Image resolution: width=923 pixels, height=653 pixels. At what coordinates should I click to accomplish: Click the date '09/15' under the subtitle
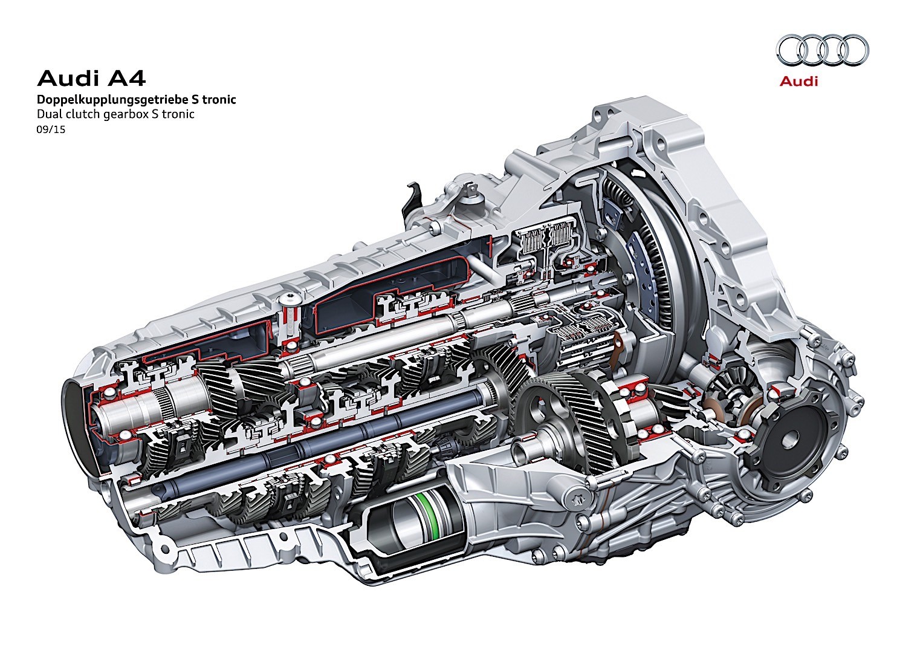point(51,129)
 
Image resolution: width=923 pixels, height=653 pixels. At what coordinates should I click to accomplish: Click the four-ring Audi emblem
point(822,50)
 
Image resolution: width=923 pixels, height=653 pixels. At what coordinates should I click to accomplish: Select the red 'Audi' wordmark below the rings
point(798,81)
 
